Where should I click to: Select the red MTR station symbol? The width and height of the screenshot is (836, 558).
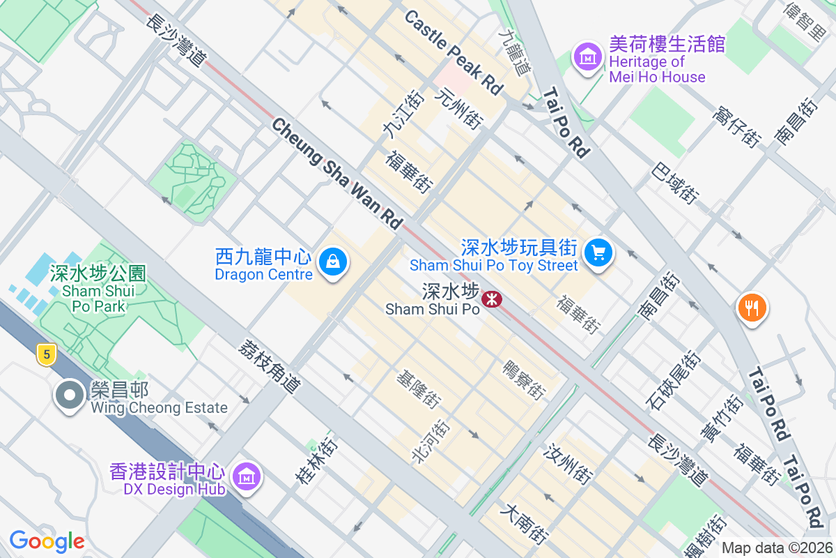click(493, 299)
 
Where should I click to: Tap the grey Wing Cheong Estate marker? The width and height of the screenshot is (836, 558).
click(69, 395)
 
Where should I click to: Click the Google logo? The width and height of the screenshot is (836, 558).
click(47, 541)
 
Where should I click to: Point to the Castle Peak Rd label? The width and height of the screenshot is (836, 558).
click(453, 53)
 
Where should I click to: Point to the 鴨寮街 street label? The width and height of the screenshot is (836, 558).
click(522, 380)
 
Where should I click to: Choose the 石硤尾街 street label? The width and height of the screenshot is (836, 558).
click(673, 380)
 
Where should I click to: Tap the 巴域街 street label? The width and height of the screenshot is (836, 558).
click(675, 183)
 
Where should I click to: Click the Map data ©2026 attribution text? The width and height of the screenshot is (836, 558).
click(777, 548)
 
